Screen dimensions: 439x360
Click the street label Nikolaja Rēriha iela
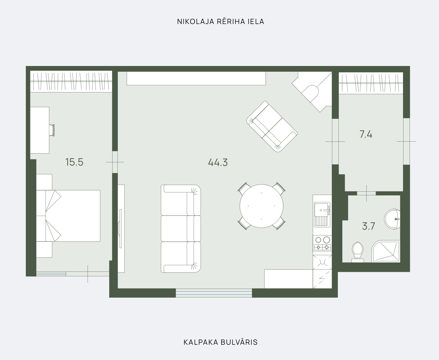(x=220, y=21)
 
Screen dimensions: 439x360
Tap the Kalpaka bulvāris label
(x=220, y=342)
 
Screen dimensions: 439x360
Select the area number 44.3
(x=218, y=162)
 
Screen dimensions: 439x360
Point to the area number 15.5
(x=74, y=162)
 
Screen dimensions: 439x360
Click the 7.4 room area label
(x=366, y=134)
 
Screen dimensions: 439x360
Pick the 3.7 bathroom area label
(x=368, y=226)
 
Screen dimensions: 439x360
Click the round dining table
(x=262, y=206)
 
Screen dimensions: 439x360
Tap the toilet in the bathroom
(x=358, y=252)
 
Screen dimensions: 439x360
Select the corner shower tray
(x=386, y=251)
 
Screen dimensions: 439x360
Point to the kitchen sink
(x=322, y=214)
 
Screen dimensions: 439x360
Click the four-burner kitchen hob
(x=322, y=243)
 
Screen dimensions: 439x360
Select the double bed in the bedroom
(x=68, y=216)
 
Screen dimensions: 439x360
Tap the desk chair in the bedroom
(x=52, y=130)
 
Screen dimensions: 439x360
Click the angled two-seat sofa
(x=272, y=126)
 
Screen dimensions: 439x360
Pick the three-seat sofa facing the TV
(x=181, y=229)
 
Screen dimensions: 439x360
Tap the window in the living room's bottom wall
(x=214, y=293)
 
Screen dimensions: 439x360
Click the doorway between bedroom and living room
(x=115, y=162)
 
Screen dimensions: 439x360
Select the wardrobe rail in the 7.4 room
(x=371, y=83)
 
